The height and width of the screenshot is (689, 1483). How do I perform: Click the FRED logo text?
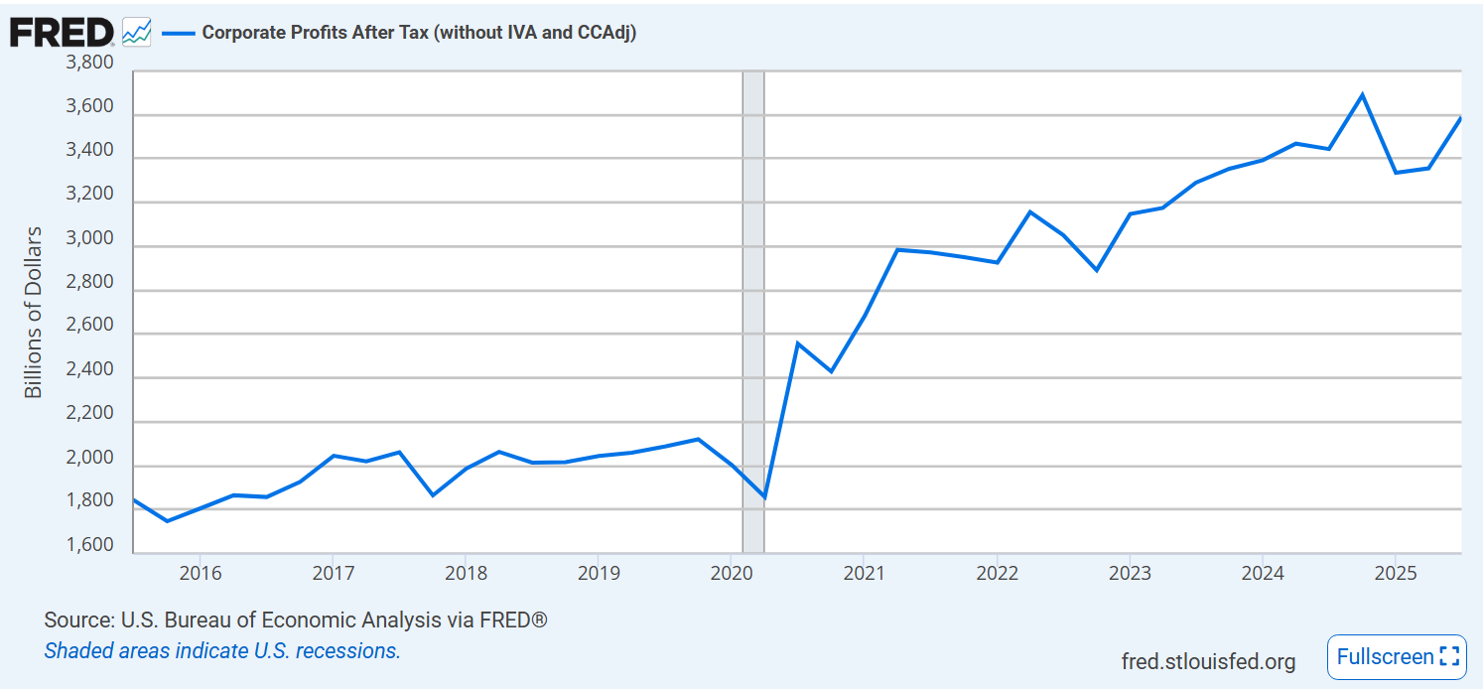pyautogui.click(x=62, y=32)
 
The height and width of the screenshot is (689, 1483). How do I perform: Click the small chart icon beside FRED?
pyautogui.click(x=136, y=32)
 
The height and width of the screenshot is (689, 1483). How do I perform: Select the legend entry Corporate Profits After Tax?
pyautogui.click(x=418, y=32)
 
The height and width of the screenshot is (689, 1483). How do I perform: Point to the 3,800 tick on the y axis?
pyautogui.click(x=89, y=64)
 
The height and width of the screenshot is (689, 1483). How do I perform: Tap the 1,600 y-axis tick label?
pyautogui.click(x=89, y=545)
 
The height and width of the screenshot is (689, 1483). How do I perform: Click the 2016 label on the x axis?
pyautogui.click(x=199, y=573)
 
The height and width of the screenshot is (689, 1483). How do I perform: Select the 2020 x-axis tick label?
pyautogui.click(x=730, y=573)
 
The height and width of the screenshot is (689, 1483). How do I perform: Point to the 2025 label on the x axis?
pyautogui.click(x=1394, y=573)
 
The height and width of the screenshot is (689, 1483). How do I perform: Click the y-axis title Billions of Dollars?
pyautogui.click(x=34, y=312)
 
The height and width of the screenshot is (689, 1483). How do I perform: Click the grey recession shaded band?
pyautogui.click(x=753, y=298)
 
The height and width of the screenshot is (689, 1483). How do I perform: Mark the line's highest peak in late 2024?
pyautogui.click(x=1362, y=95)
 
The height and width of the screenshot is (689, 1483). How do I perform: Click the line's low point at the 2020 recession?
pyautogui.click(x=764, y=497)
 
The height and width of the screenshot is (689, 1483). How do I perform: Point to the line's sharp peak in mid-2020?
pyautogui.click(x=797, y=344)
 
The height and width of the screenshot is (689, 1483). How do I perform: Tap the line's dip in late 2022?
pyautogui.click(x=1096, y=270)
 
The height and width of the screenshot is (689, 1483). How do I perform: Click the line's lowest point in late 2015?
pyautogui.click(x=167, y=521)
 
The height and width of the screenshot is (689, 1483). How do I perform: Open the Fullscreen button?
pyautogui.click(x=1397, y=656)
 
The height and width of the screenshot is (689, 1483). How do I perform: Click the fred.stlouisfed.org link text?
pyautogui.click(x=1208, y=661)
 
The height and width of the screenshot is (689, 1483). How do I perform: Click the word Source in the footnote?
pyautogui.click(x=77, y=620)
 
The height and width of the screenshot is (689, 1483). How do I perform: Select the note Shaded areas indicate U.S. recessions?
pyautogui.click(x=222, y=651)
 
